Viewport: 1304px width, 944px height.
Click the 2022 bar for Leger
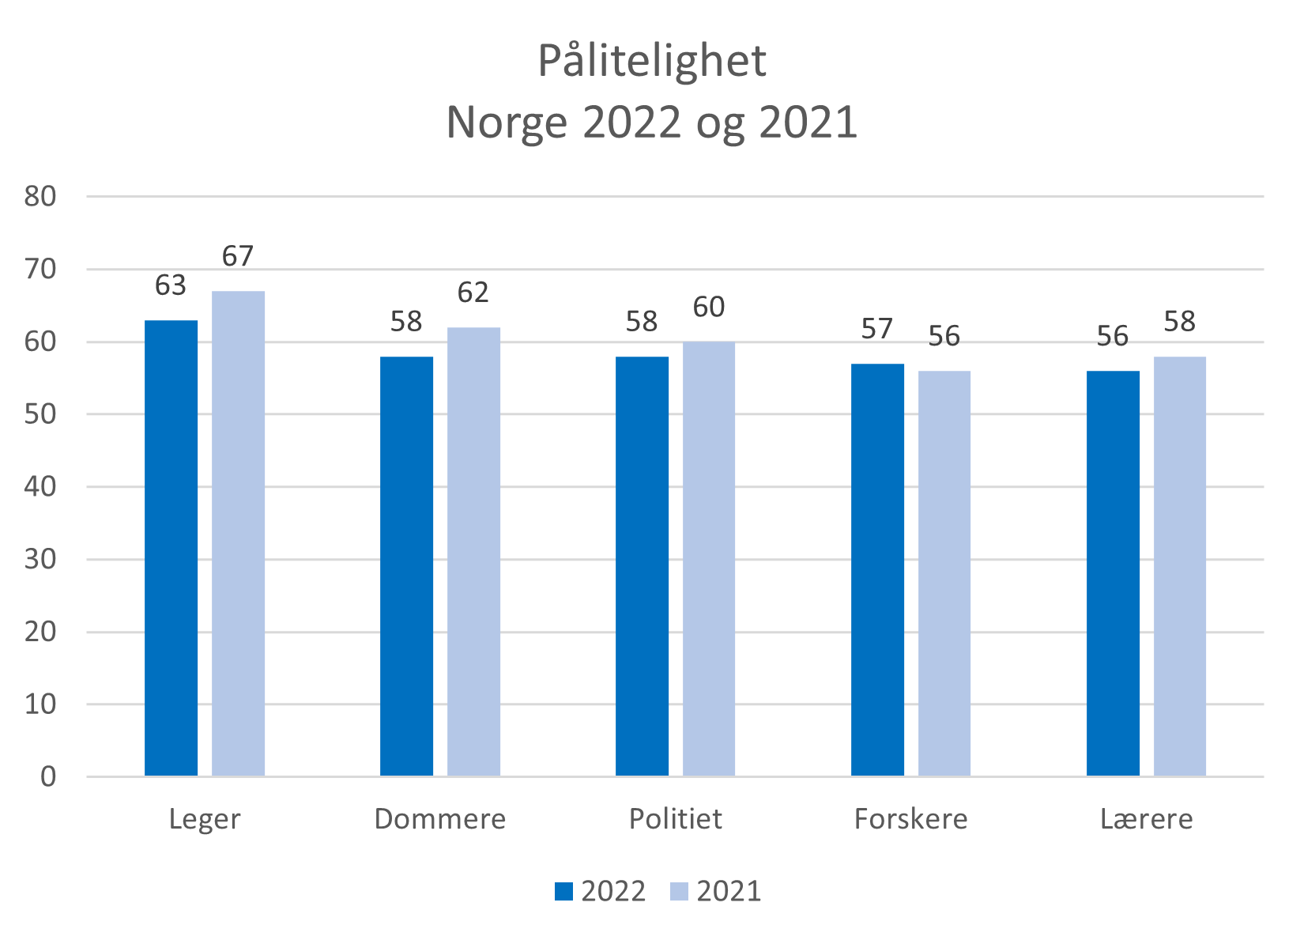[171, 548]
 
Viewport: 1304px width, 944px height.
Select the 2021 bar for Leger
[238, 534]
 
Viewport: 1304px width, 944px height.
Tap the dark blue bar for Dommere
[406, 566]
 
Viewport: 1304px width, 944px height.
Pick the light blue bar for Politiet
[709, 559]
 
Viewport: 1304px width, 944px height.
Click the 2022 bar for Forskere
[877, 570]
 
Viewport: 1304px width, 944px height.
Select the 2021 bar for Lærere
[1179, 566]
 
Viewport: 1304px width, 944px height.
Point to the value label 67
[238, 256]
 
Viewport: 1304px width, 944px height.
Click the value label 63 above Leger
[171, 285]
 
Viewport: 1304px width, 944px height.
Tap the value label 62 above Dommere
[473, 293]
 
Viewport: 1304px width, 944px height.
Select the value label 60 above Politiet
[709, 308]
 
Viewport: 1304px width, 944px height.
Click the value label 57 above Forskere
[877, 329]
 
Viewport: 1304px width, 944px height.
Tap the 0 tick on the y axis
[48, 777]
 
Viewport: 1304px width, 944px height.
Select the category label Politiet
[676, 819]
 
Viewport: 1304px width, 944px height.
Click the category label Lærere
[1147, 819]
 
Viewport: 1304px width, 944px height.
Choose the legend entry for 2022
[601, 891]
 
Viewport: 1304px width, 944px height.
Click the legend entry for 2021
[716, 891]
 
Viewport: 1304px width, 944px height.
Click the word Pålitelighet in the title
[652, 62]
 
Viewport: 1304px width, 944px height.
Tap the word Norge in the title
[507, 123]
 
